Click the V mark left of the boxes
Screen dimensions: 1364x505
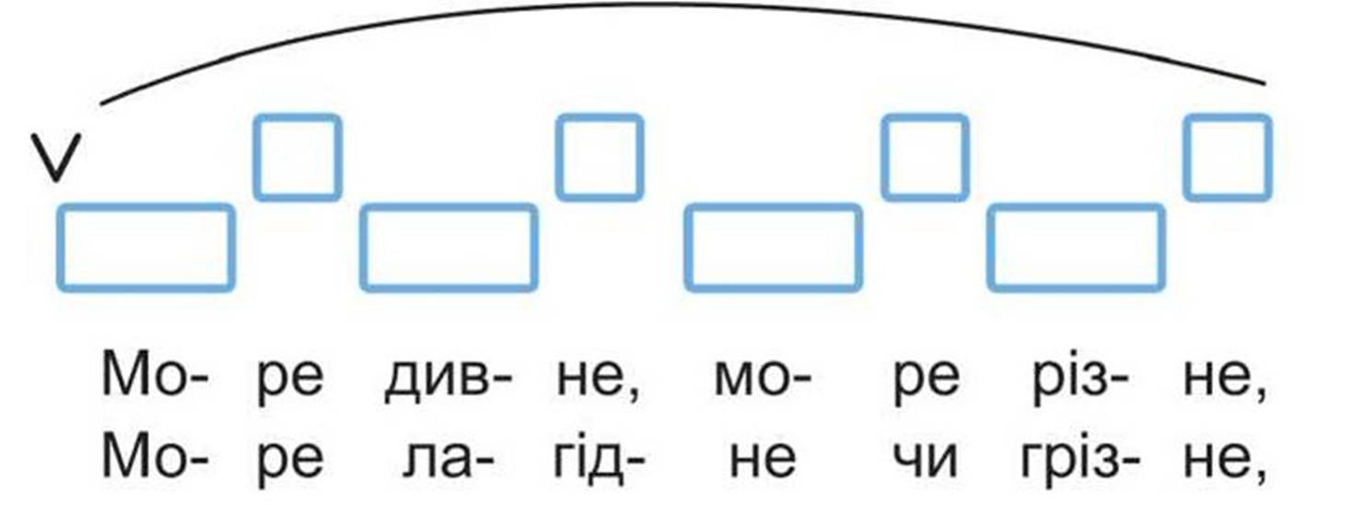point(56,158)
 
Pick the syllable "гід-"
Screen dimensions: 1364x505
point(599,457)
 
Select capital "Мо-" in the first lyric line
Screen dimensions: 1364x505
point(156,375)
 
